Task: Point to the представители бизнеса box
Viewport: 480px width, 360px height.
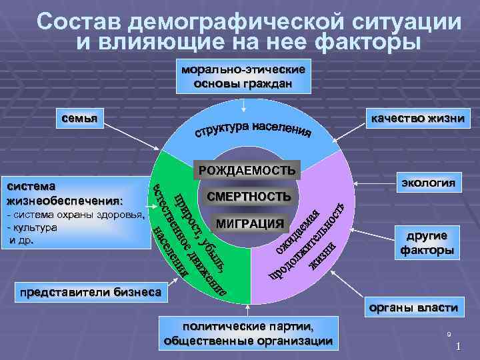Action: pyautogui.click(x=91, y=291)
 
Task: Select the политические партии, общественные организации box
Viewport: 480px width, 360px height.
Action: pyautogui.click(x=248, y=333)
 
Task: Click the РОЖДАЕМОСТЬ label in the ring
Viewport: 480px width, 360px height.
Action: pyautogui.click(x=247, y=170)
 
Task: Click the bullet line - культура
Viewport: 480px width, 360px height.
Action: pyautogui.click(x=33, y=227)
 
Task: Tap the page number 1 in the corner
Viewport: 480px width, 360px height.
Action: pyautogui.click(x=459, y=347)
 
